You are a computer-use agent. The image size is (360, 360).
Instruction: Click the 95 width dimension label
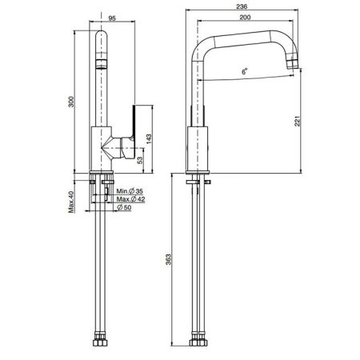112,18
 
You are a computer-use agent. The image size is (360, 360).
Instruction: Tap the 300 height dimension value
71,102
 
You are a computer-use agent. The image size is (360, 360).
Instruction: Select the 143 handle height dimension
149,139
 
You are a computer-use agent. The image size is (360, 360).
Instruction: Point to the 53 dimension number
140,160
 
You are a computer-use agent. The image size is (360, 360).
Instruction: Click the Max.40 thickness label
71,202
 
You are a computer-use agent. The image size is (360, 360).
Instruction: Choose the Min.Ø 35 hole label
130,191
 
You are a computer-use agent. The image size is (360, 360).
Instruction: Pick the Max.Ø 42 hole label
130,199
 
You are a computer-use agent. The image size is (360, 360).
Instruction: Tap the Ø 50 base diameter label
124,207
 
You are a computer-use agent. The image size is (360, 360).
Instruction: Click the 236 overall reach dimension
242,6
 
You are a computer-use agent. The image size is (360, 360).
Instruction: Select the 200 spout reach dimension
245,18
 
